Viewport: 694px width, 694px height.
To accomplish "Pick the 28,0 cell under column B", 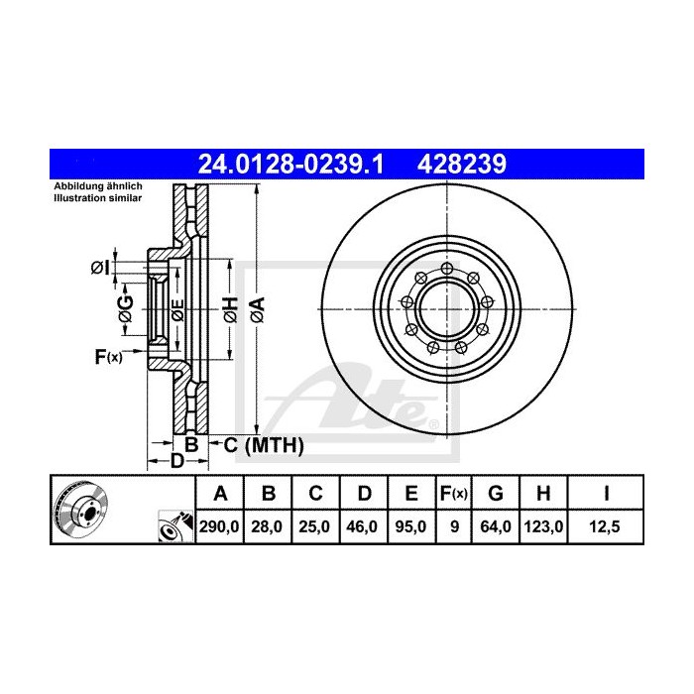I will [268, 527].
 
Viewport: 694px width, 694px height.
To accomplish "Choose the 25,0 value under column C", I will [315, 527].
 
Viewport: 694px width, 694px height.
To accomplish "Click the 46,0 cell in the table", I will [363, 527].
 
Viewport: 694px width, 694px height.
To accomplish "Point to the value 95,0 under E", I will [410, 527].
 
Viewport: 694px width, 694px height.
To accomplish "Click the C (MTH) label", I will [263, 446].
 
